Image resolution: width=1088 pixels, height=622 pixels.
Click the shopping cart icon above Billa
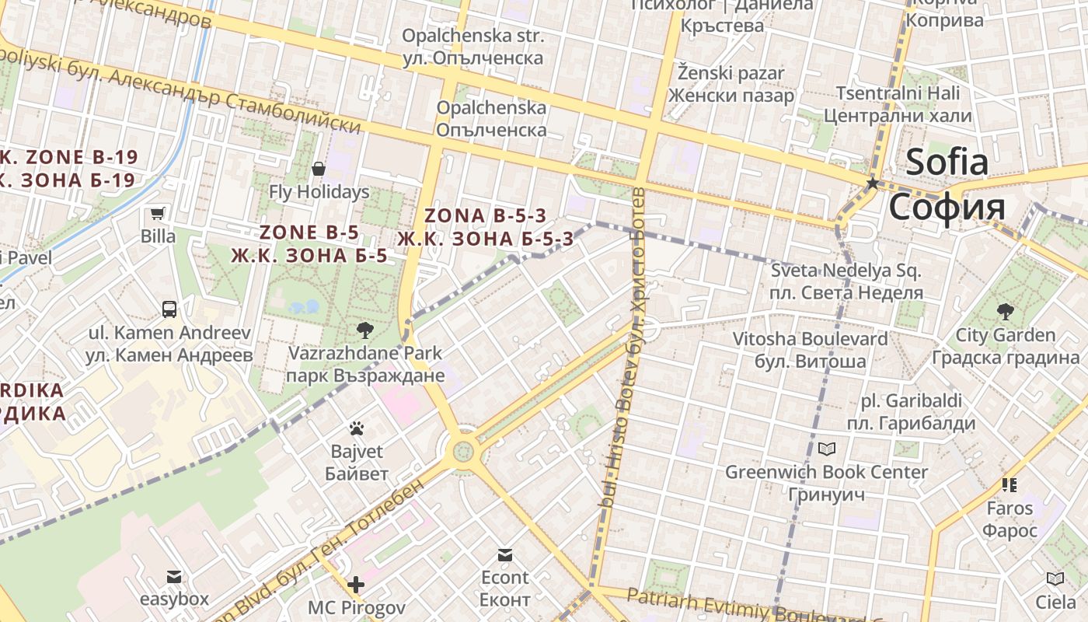point(158,213)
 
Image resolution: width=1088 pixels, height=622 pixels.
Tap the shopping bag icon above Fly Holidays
point(319,169)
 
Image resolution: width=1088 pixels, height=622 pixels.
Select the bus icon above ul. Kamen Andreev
point(169,309)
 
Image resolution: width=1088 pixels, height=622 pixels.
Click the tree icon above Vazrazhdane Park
point(364,330)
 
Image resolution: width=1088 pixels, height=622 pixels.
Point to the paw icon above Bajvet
point(357,428)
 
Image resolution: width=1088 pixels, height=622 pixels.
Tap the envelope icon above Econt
point(505,554)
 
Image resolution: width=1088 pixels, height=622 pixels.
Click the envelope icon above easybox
point(174,576)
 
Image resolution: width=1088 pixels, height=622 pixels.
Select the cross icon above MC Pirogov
point(356,585)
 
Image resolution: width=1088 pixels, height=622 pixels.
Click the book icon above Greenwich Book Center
point(826,449)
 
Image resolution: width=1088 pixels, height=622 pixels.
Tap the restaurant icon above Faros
point(1010,485)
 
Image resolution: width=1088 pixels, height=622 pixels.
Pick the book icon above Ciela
point(1055,578)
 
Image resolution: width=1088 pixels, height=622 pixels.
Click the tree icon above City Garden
point(1005,313)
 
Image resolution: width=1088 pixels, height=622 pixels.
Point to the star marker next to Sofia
point(873,183)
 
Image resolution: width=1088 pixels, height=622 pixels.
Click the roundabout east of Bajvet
point(464,450)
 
